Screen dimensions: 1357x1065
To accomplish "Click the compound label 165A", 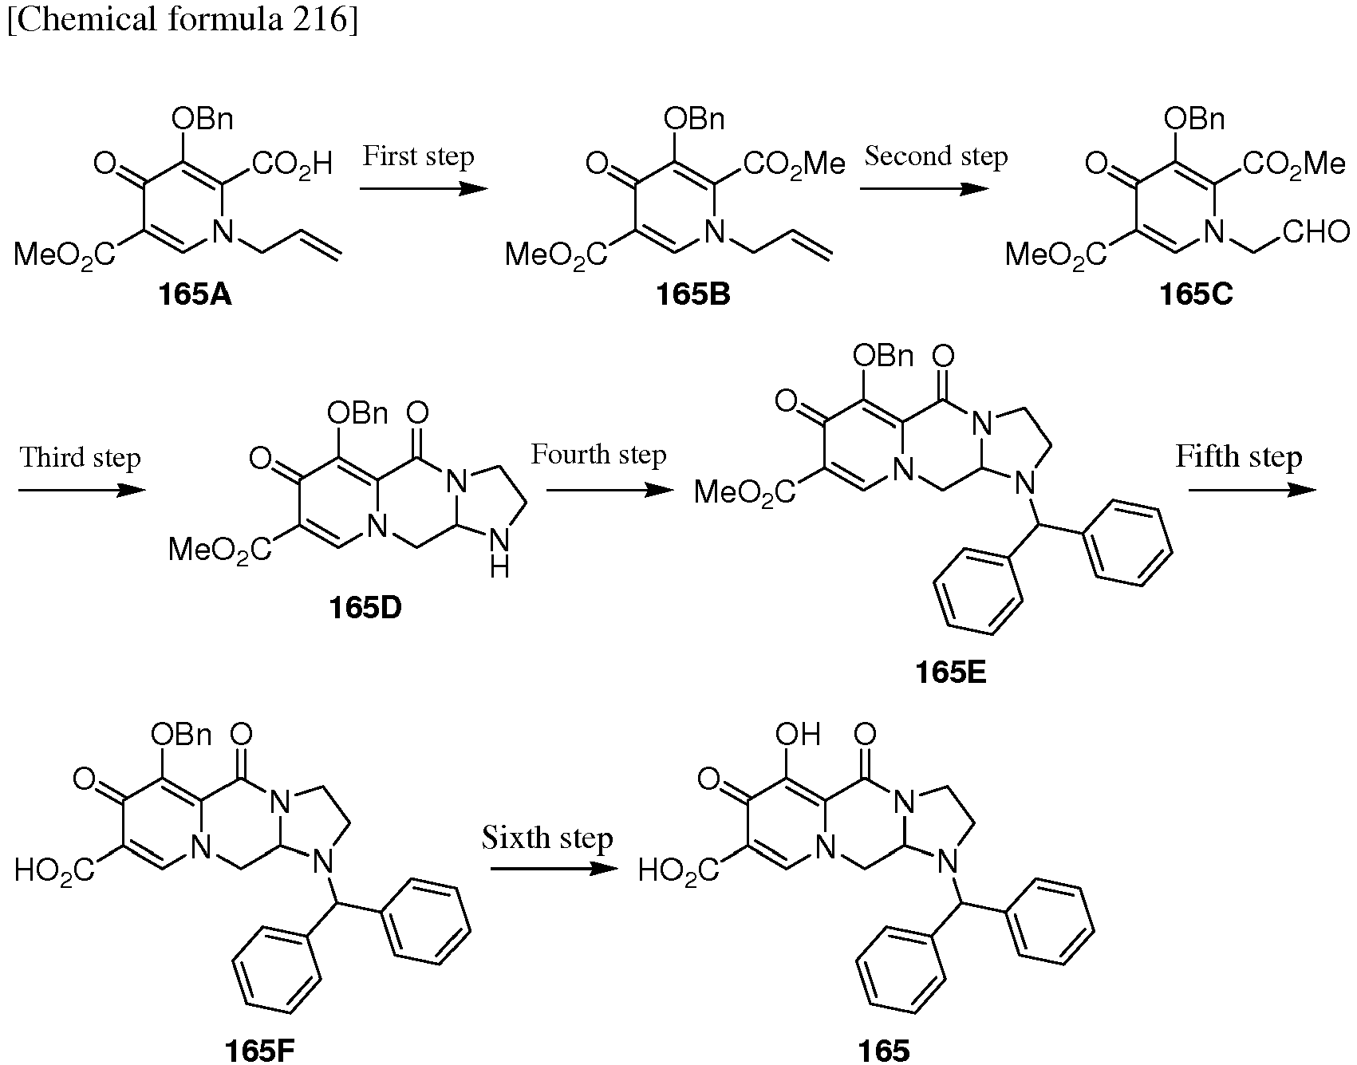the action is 195,295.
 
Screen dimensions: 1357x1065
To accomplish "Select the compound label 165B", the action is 692,295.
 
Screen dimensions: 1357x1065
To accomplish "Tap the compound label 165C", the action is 1196,295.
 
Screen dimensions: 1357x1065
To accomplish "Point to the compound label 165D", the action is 365,608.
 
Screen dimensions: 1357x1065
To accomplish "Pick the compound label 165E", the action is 952,672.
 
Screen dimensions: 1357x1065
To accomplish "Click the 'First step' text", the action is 419,156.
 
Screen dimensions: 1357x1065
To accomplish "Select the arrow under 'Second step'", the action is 924,189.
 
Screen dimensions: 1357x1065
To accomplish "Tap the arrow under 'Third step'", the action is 82,490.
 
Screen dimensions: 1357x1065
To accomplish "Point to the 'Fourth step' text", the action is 599,456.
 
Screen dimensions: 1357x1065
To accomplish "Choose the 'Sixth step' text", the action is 547,838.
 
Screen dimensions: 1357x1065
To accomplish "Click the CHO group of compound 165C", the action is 1316,232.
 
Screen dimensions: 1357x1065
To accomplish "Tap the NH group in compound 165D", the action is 499,554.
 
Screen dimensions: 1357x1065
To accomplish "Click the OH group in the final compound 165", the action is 798,734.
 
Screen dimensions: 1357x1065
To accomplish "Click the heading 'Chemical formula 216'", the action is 182,20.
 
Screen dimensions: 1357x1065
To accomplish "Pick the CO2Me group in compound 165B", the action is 795,164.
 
